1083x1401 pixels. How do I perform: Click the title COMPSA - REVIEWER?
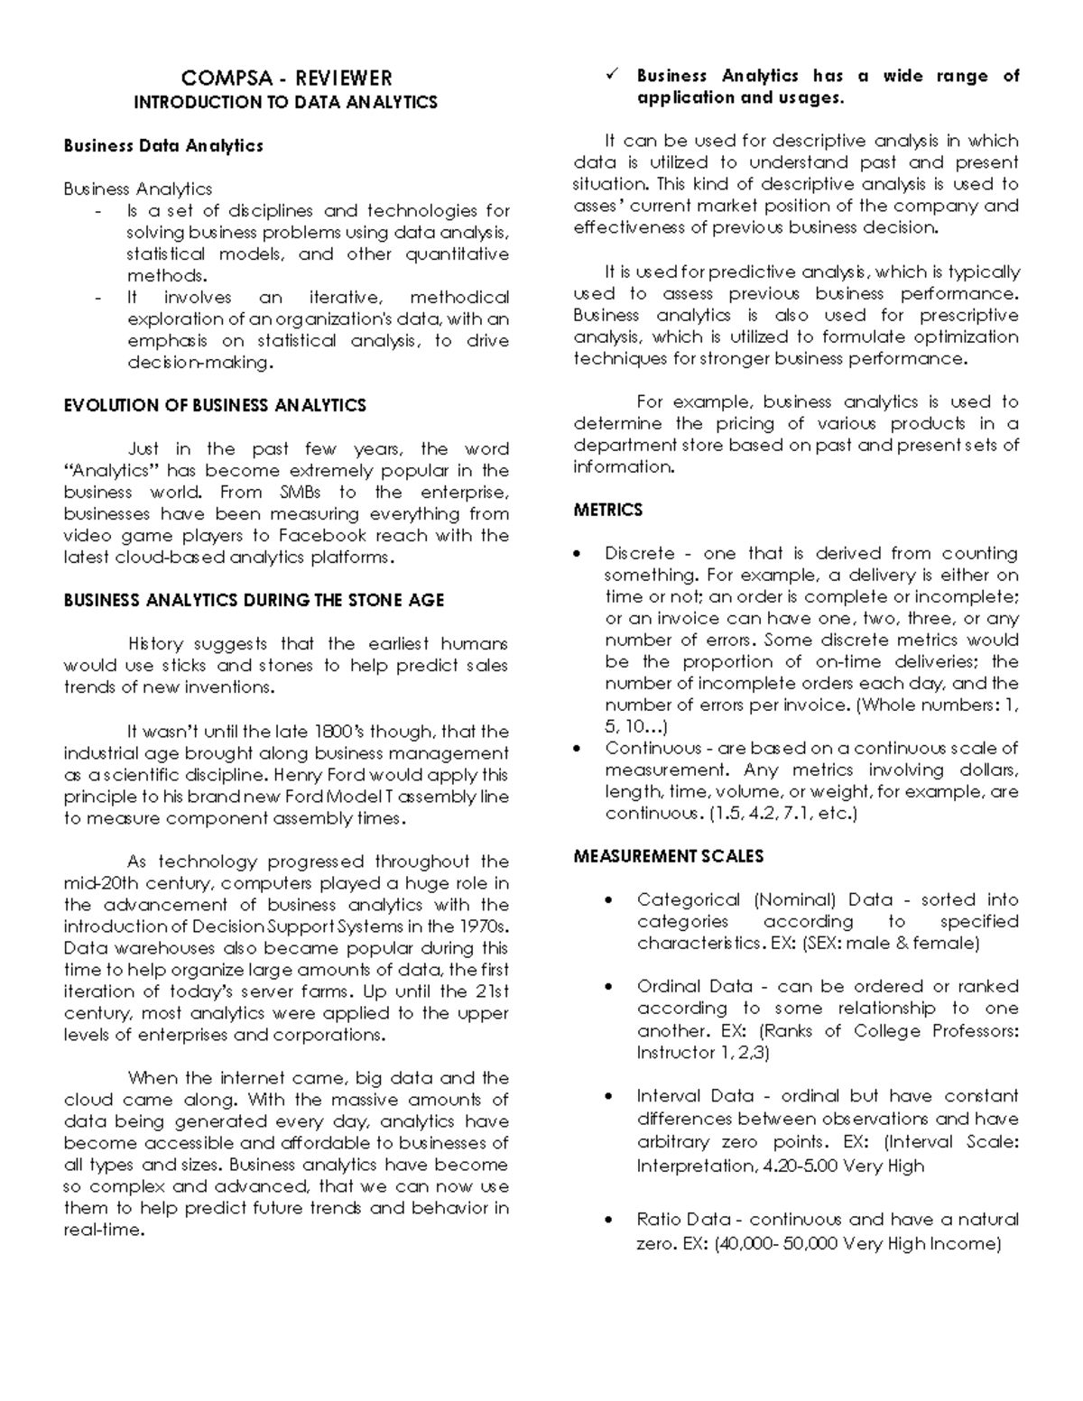click(286, 78)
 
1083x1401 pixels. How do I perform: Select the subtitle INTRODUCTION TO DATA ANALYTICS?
click(285, 102)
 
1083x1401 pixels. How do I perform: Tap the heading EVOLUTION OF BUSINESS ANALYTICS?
click(215, 405)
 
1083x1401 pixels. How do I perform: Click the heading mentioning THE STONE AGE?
click(254, 600)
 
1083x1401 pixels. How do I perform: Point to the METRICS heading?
click(607, 510)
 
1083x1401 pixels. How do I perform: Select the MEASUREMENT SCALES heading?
click(668, 856)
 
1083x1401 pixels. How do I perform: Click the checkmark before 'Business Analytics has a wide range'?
click(609, 77)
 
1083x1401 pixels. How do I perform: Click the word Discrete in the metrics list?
click(639, 553)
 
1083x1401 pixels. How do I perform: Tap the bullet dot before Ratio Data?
click(611, 1220)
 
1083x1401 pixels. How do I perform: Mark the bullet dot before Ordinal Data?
click(611, 987)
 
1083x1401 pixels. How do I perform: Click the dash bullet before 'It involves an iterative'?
click(97, 298)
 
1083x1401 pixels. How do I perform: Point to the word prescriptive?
click(968, 315)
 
